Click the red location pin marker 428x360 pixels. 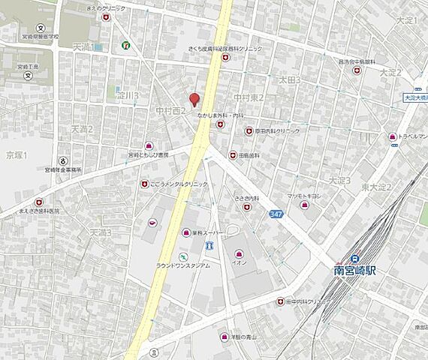[194, 99]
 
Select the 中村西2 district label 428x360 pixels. [170, 111]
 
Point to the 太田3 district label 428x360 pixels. [289, 79]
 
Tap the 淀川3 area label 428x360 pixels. [127, 96]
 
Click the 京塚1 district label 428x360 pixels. [16, 155]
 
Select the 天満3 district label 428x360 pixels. [100, 232]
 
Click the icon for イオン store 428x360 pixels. [239, 253]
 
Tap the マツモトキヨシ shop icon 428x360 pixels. [304, 205]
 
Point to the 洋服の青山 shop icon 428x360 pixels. [223, 336]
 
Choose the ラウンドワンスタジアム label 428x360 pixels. [183, 265]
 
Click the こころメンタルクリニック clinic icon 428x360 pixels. [144, 184]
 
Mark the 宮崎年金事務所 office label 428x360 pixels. [74, 170]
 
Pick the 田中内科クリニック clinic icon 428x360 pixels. [280, 301]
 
